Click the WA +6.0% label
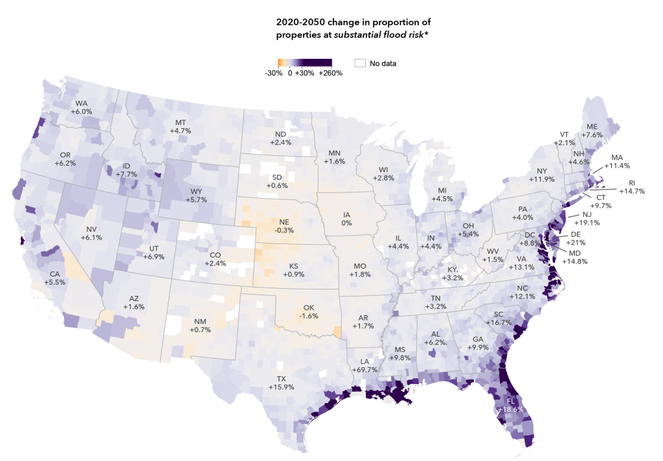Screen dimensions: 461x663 coord(84,107)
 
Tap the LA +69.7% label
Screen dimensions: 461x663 coord(365,365)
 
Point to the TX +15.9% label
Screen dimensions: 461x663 coord(282,383)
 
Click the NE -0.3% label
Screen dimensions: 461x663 coord(284,226)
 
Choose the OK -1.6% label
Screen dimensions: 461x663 coord(309,312)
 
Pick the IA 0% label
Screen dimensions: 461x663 coord(347,219)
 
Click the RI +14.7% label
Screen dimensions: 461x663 coord(631,188)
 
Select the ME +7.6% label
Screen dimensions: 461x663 coord(592,131)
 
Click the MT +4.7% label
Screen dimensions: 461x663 coord(180,126)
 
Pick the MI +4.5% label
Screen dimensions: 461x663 coord(442,194)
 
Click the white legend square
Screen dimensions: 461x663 coord(361,63)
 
